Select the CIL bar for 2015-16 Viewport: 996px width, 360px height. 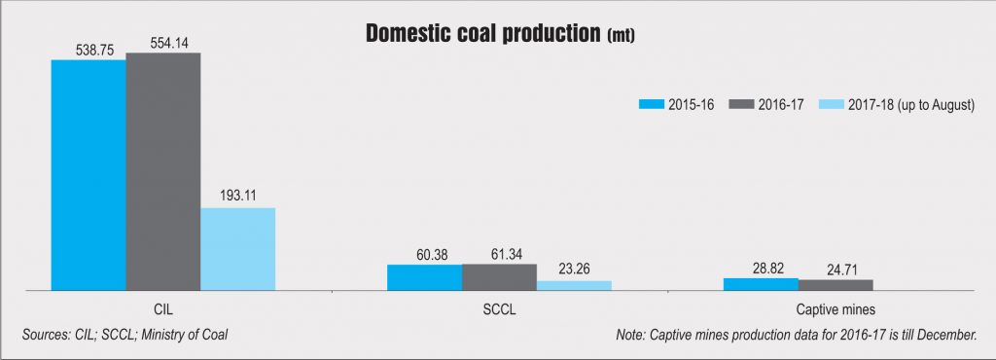click(x=89, y=175)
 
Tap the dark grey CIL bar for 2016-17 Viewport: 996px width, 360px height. click(x=163, y=171)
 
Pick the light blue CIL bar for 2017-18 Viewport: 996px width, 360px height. click(x=238, y=249)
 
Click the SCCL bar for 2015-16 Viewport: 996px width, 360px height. click(x=425, y=277)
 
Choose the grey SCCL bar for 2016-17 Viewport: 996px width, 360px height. click(x=499, y=277)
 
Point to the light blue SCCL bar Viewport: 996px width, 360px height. click(x=574, y=285)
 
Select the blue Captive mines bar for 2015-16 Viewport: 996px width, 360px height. click(x=761, y=284)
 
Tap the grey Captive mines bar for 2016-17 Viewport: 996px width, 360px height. click(x=836, y=285)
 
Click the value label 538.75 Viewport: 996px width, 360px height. click(x=89, y=46)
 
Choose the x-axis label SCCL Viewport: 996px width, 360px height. click(x=500, y=311)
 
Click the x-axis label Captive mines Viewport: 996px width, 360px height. click(x=836, y=311)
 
